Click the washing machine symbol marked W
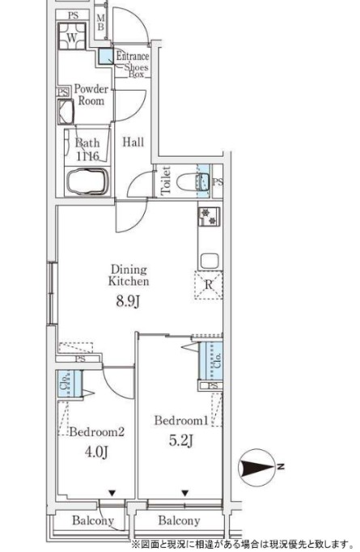pyautogui.click(x=72, y=36)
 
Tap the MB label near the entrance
pyautogui.click(x=100, y=22)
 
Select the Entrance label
pyautogui.click(x=133, y=56)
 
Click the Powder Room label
pyautogui.click(x=91, y=95)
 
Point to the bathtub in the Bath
pyautogui.click(x=87, y=181)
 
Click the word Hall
pyautogui.click(x=133, y=142)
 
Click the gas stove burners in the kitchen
pyautogui.click(x=209, y=216)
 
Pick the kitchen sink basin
pyautogui.click(x=210, y=261)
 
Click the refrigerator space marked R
pyautogui.click(x=209, y=285)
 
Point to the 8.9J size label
pyautogui.click(x=129, y=302)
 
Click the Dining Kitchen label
pyautogui.click(x=129, y=275)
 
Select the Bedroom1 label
pyautogui.click(x=181, y=420)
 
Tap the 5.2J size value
pyautogui.click(x=181, y=440)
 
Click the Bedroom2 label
pyautogui.click(x=96, y=431)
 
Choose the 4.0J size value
pyautogui.click(x=96, y=452)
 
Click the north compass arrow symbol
pyautogui.click(x=256, y=468)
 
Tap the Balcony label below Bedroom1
pyautogui.click(x=179, y=520)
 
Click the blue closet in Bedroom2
pyautogui.click(x=70, y=384)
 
